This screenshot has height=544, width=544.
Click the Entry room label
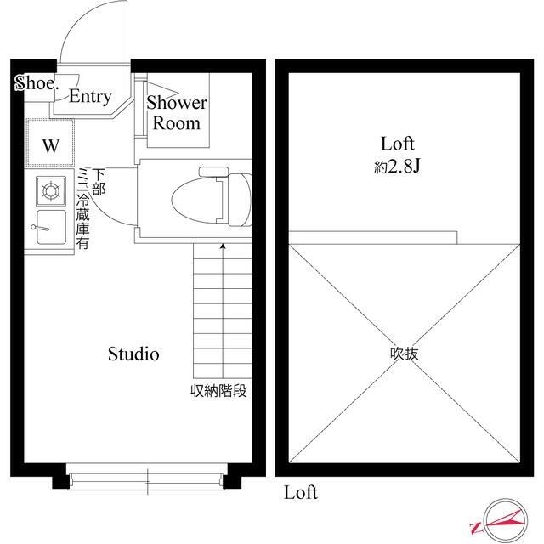click(90, 97)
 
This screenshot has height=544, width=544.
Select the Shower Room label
click(177, 113)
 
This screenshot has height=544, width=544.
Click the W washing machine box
click(51, 145)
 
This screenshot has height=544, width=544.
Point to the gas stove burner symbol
click(49, 191)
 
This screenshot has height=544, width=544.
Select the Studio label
click(133, 354)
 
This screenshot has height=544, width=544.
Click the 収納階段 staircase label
click(218, 392)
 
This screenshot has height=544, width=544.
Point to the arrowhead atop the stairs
click(223, 247)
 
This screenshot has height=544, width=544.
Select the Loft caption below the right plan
click(300, 492)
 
